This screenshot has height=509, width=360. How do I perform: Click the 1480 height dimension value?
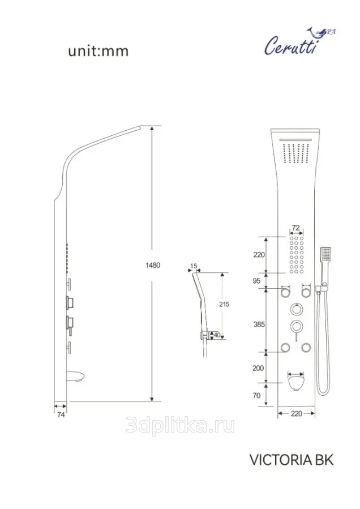(153, 265)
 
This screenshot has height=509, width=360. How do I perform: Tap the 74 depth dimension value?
(61, 414)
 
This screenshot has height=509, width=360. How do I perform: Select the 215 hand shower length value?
(224, 304)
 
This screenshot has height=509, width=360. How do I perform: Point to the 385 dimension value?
(259, 324)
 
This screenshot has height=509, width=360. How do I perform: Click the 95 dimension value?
(256, 281)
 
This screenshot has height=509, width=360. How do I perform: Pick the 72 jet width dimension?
(295, 228)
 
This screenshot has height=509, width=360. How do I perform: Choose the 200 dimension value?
(258, 368)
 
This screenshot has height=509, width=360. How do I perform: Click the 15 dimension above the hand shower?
(194, 266)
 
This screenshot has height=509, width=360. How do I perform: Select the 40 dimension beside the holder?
(217, 335)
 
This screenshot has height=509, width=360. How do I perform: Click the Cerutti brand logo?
(299, 41)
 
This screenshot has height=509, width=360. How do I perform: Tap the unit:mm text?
(98, 52)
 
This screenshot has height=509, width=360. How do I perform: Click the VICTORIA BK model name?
(291, 460)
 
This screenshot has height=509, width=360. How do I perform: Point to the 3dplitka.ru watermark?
(180, 426)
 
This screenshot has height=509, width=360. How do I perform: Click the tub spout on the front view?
(296, 381)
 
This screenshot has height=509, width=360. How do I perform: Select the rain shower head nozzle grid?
(295, 153)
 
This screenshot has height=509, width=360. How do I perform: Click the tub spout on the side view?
(76, 377)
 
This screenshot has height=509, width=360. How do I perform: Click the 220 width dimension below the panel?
(296, 413)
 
